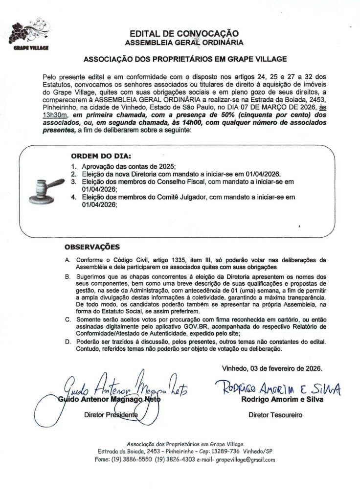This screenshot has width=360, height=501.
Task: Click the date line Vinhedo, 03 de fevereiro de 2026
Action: tap(272, 367)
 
